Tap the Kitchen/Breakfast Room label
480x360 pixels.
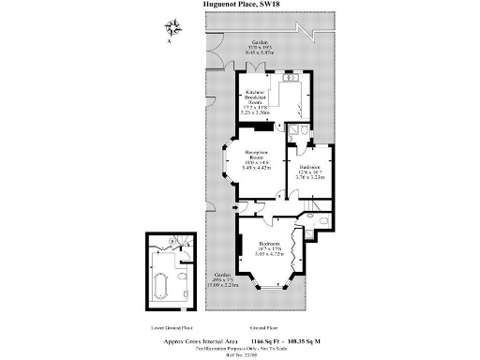[x=259, y=99]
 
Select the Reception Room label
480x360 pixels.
[x=258, y=159]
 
